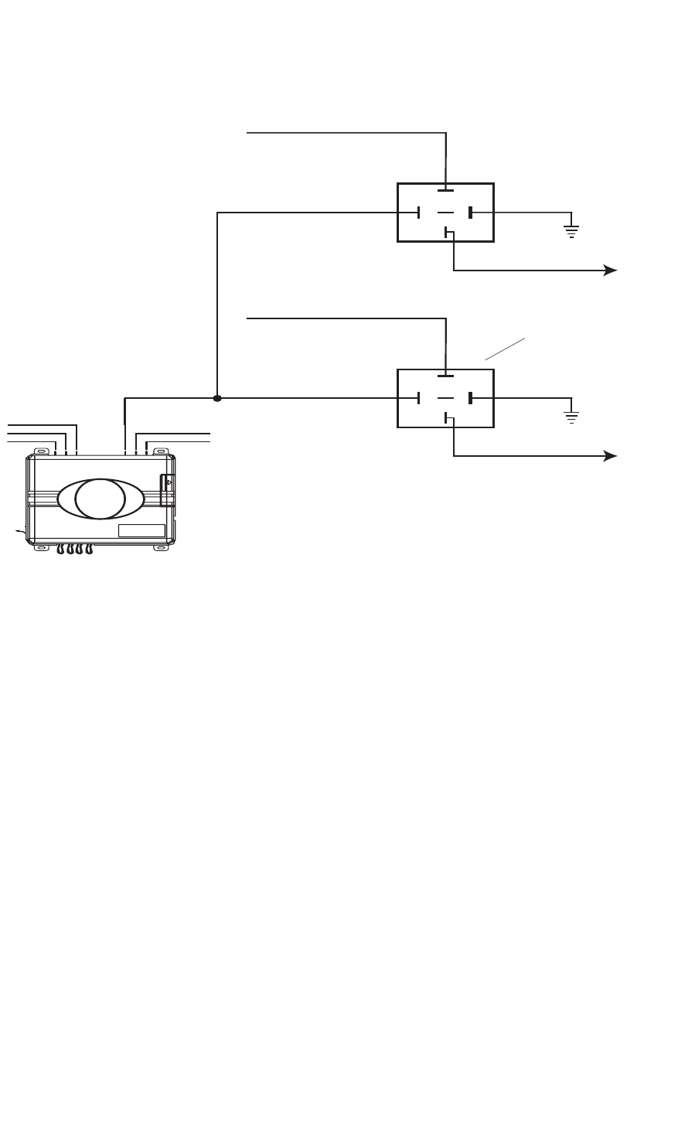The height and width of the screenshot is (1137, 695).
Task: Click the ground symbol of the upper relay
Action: (x=571, y=230)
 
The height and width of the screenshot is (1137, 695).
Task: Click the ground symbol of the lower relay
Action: (x=571, y=416)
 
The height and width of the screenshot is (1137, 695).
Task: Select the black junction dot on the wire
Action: (x=217, y=399)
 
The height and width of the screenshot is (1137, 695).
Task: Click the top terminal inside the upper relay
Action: (x=446, y=189)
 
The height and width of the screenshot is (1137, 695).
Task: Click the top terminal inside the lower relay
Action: (x=446, y=376)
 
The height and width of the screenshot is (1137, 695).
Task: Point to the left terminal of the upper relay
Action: (x=418, y=213)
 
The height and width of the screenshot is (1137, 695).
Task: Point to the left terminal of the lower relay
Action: (x=418, y=398)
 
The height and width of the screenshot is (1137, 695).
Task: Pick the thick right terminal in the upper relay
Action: (x=470, y=213)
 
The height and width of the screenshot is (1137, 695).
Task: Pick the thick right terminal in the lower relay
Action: (x=470, y=398)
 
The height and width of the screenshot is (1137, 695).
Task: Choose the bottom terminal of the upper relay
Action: (x=447, y=232)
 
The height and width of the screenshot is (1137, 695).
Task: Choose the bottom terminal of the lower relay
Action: (x=447, y=418)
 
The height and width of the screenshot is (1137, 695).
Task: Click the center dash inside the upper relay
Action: (x=445, y=213)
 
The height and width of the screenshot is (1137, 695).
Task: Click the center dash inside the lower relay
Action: (x=445, y=398)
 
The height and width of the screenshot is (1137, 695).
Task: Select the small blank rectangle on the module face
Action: (x=141, y=530)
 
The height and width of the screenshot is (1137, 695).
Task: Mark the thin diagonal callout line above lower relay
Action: (x=505, y=349)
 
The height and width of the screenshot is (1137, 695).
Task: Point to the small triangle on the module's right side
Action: (x=169, y=482)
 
